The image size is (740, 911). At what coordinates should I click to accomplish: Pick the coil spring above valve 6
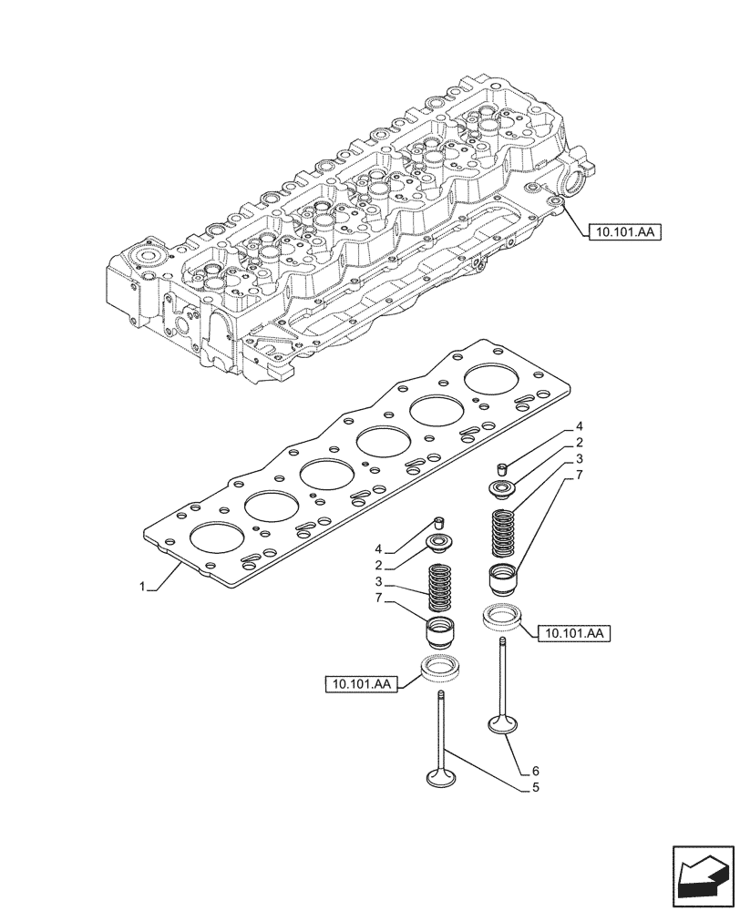tap(502, 534)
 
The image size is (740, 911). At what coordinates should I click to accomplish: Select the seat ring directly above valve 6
tap(501, 617)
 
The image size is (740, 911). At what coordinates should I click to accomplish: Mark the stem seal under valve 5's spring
tap(441, 631)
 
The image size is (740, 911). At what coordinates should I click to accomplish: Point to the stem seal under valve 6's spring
tap(502, 578)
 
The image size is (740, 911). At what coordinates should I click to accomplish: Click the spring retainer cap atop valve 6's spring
tap(502, 490)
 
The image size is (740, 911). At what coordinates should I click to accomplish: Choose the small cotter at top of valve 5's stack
tap(438, 523)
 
